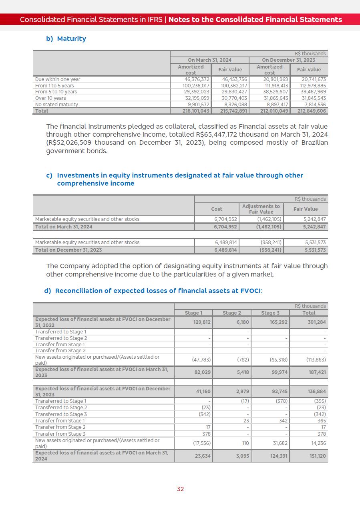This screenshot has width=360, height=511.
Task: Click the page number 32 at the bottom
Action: pyautogui.click(x=180, y=489)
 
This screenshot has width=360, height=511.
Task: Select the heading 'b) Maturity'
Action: pyautogui.click(x=66, y=38)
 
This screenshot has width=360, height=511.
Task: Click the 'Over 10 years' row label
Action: pyautogui.click(x=50, y=98)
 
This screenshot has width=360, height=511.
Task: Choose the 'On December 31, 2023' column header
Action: pyautogui.click(x=288, y=60)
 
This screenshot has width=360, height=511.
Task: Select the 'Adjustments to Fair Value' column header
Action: pyautogui.click(x=261, y=209)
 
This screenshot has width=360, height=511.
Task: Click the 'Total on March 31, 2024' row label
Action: pyautogui.click(x=64, y=227)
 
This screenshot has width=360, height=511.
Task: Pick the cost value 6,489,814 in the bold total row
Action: pyautogui.click(x=226, y=250)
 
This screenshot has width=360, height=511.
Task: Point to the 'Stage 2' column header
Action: pyautogui.click(x=232, y=313)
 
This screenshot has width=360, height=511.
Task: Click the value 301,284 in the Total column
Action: pyautogui.click(x=317, y=322)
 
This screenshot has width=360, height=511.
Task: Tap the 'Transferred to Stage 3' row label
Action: pyautogui.click(x=61, y=414)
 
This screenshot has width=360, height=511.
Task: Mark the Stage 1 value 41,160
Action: pyautogui.click(x=203, y=392)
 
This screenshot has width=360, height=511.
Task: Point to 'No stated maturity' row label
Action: pyautogui.click(x=56, y=105)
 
